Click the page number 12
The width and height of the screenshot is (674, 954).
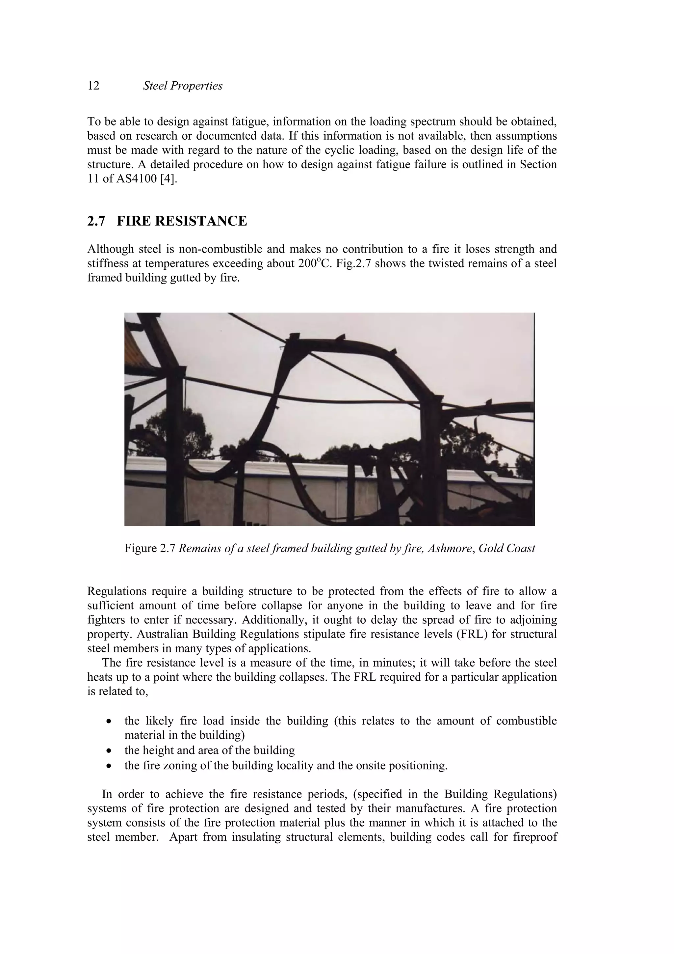click(x=93, y=86)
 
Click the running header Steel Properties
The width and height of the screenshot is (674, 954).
click(x=182, y=86)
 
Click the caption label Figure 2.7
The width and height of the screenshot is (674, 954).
click(x=150, y=549)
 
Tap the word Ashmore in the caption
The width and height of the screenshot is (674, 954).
click(x=450, y=549)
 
